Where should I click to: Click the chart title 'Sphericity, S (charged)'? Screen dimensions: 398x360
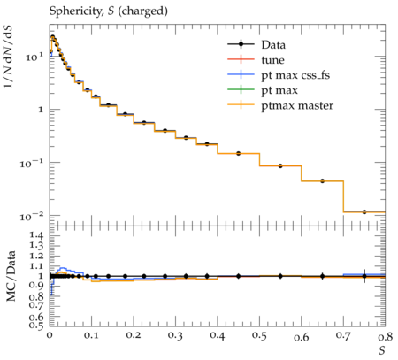108,11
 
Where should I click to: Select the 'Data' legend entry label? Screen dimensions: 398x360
273,45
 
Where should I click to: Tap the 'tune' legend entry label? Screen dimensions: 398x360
272,60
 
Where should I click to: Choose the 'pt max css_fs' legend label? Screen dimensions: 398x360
295,75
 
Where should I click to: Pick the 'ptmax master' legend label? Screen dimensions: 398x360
297,105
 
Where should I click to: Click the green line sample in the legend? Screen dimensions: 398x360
241,89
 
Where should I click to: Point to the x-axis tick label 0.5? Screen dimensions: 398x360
259,336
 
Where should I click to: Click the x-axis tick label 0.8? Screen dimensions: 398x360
385,336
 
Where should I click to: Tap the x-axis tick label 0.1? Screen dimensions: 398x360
91,336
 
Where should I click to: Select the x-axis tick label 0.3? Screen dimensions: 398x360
175,336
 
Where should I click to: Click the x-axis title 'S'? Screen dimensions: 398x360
382,350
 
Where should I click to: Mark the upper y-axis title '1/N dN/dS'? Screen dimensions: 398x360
8,57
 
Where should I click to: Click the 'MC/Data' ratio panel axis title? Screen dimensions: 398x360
11,276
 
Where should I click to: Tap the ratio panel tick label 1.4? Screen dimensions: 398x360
36,235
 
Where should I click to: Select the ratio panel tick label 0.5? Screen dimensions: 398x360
36,325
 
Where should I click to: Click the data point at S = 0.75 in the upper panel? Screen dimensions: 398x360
364,211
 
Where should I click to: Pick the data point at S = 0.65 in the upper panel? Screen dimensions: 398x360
323,180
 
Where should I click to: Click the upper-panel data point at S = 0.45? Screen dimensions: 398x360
239,153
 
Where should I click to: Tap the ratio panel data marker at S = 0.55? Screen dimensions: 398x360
280,276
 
